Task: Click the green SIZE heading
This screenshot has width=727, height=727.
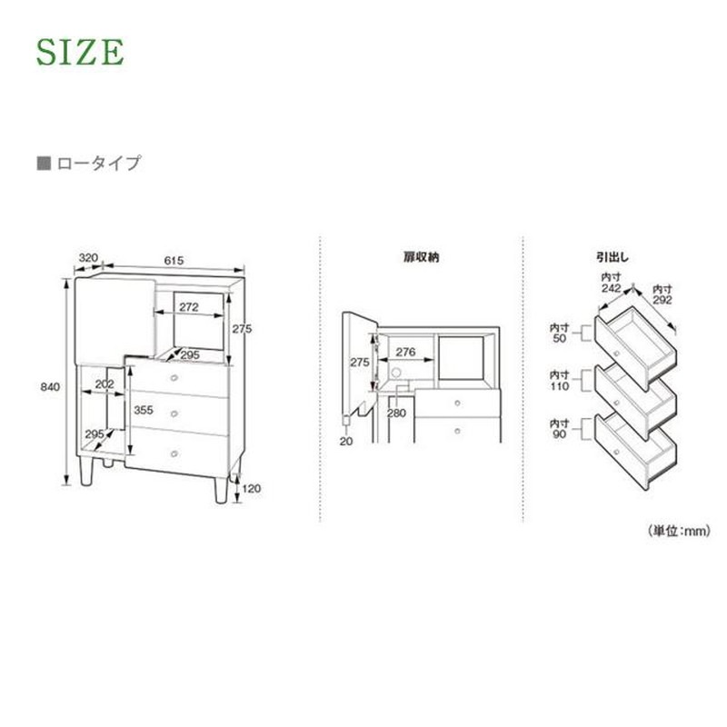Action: (80, 52)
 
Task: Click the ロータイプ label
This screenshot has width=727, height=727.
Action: (98, 164)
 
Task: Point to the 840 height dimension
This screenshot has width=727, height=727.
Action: (50, 387)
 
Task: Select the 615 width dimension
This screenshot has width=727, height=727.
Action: (174, 261)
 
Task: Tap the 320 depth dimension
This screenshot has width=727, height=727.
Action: (88, 258)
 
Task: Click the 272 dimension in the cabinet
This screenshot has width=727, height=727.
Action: (189, 307)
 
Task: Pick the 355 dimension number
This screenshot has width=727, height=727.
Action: (144, 410)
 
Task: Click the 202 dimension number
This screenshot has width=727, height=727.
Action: (105, 383)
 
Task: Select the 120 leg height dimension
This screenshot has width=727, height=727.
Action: (252, 488)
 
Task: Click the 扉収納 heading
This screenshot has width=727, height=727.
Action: (421, 257)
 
